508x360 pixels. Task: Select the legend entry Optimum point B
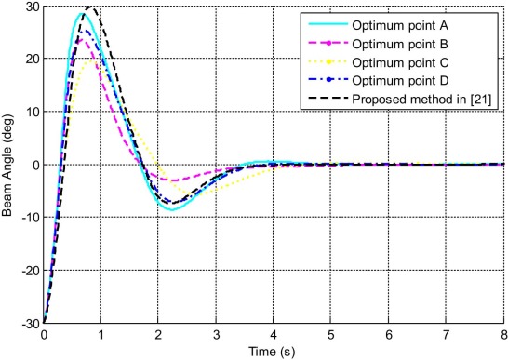tap(400, 43)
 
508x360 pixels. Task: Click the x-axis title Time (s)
tap(275, 352)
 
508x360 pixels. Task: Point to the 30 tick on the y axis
tap(32, 7)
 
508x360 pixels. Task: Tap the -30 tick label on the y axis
tap(30, 324)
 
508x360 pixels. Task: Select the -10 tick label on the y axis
tap(30, 219)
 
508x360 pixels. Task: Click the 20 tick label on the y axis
tap(32, 60)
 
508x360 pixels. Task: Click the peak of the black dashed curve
tap(90, 7)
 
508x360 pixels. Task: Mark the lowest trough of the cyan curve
tap(172, 209)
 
